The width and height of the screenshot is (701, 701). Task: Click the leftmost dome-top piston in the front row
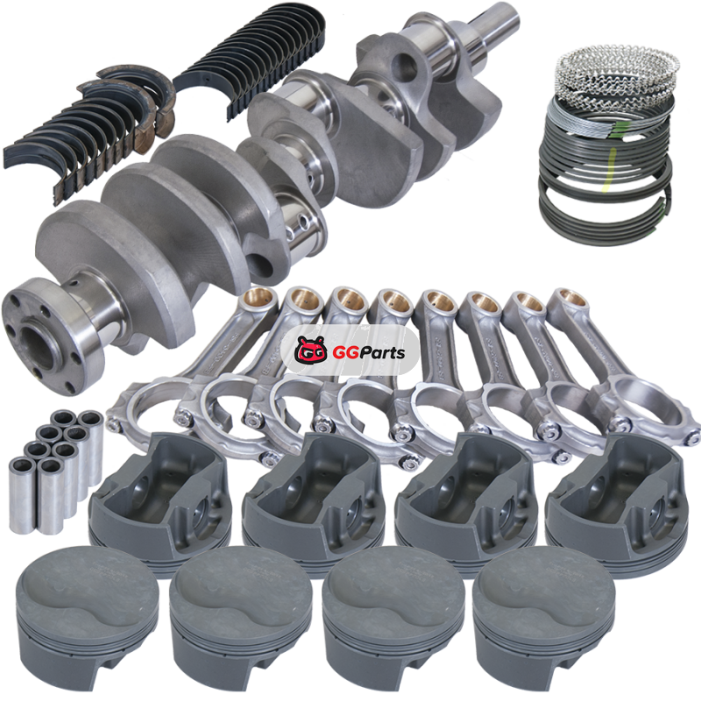[86, 617]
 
